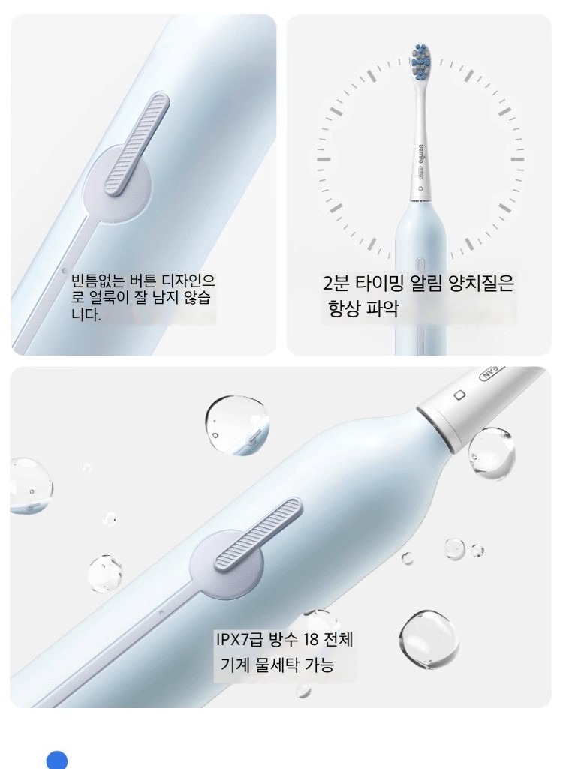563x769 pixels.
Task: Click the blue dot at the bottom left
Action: click(x=57, y=760)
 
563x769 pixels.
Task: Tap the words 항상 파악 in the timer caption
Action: click(x=363, y=308)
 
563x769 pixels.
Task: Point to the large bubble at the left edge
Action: click(x=31, y=486)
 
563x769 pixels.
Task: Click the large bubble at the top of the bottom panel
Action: click(x=237, y=425)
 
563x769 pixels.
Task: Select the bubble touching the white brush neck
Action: click(x=491, y=452)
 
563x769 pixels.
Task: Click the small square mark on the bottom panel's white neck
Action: click(x=459, y=395)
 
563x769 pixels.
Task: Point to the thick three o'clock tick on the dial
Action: click(x=517, y=159)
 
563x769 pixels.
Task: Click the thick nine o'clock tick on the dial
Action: click(x=324, y=159)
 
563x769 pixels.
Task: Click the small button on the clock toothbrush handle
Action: click(x=420, y=263)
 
